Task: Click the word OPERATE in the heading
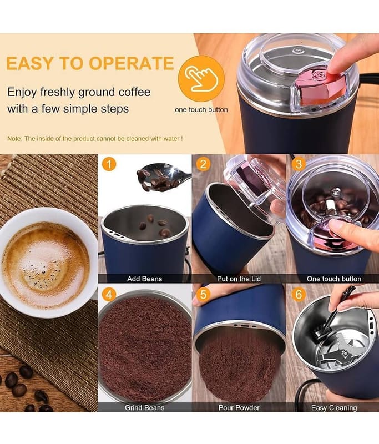(x=131, y=63)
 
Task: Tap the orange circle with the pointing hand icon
(x=201, y=78)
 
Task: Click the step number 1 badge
(x=109, y=164)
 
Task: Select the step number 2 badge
(x=203, y=164)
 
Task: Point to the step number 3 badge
(x=299, y=164)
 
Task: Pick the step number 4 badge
(x=109, y=295)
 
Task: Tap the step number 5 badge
(x=203, y=295)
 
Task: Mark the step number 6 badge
(x=299, y=295)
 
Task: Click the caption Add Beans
(x=144, y=279)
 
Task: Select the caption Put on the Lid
(x=239, y=279)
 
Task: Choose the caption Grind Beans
(x=144, y=408)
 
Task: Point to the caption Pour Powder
(x=239, y=408)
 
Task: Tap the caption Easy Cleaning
(x=334, y=408)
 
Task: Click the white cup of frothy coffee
(x=47, y=263)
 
